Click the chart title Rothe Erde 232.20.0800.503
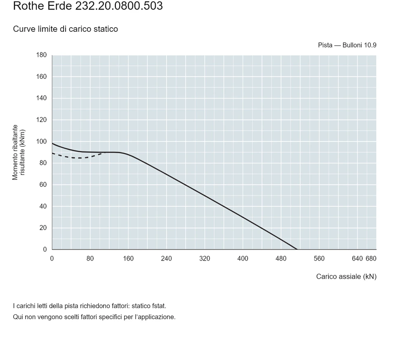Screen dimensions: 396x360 point(88,6)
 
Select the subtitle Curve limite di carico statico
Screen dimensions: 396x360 point(66,29)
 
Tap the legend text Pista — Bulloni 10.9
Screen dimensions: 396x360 point(347,45)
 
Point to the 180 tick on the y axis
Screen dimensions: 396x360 point(41,55)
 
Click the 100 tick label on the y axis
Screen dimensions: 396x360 point(41,141)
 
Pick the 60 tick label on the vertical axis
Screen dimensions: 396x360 point(43,185)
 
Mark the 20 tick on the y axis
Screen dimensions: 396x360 point(43,228)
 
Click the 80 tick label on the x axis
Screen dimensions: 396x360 point(90,259)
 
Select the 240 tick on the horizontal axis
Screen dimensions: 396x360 point(166,259)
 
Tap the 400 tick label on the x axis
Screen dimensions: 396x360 point(243,259)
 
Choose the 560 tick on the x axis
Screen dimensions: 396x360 point(319,259)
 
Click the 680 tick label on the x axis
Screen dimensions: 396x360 point(371,259)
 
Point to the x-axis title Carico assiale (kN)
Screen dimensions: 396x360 point(346,277)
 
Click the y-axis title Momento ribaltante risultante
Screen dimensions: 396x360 point(19,152)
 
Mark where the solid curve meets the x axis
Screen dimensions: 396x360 point(297,249)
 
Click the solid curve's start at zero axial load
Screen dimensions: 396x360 point(52,144)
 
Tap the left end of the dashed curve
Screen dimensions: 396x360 point(52,153)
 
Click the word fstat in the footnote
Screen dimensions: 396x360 point(159,306)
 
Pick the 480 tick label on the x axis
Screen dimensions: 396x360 point(281,259)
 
